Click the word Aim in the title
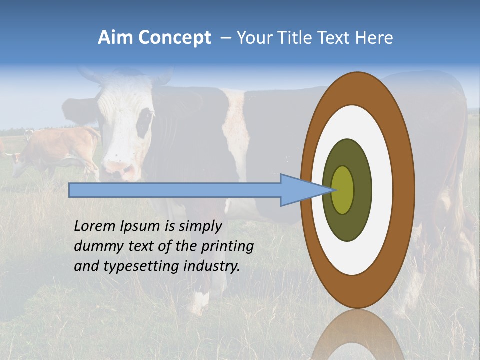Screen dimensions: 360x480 click(x=115, y=38)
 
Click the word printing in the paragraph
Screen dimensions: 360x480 click(x=227, y=247)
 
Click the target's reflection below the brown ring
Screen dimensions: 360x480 click(x=357, y=335)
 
